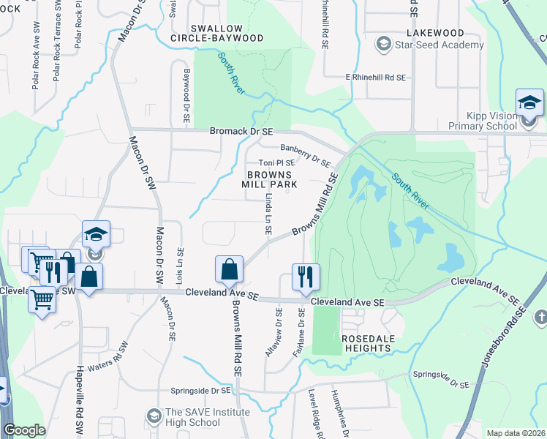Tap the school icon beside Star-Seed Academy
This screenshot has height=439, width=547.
point(382,45)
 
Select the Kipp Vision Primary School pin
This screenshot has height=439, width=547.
point(529,104)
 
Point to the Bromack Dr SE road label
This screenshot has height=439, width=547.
point(241,131)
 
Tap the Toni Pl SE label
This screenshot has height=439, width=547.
point(277,163)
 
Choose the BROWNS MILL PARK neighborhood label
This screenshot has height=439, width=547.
point(271,180)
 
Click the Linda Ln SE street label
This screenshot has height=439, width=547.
point(269,214)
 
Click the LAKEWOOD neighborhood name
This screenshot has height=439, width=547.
point(437,33)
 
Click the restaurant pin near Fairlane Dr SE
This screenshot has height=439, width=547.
point(305,277)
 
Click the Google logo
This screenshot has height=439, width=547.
point(24,430)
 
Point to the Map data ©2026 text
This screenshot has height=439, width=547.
point(516,432)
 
